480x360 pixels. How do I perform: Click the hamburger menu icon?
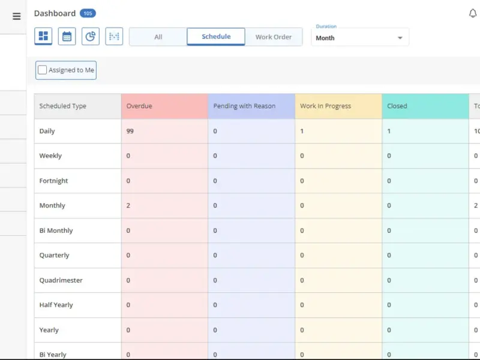point(17,16)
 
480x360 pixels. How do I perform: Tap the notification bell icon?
point(473,13)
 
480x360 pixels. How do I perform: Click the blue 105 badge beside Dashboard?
point(88,13)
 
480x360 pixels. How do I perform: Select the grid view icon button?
point(43,36)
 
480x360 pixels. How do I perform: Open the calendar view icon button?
point(67,36)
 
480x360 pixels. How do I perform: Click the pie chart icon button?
point(91,36)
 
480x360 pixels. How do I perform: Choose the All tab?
point(158,37)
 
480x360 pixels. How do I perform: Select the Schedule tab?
point(216,37)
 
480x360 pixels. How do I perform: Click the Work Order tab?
point(274,37)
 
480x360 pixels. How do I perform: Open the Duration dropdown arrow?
point(400,38)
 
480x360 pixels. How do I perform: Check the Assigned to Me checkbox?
point(42,70)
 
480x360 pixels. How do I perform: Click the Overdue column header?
point(139,106)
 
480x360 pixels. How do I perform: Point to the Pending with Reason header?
point(244,106)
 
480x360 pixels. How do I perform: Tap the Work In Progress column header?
point(325,106)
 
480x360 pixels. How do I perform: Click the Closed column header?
point(397,106)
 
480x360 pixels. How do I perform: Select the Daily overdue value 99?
point(130,131)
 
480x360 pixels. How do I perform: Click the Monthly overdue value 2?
point(128,205)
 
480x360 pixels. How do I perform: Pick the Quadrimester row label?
point(61,280)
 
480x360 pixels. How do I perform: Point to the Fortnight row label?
point(53,181)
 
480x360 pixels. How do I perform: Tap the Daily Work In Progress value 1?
point(302,131)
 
